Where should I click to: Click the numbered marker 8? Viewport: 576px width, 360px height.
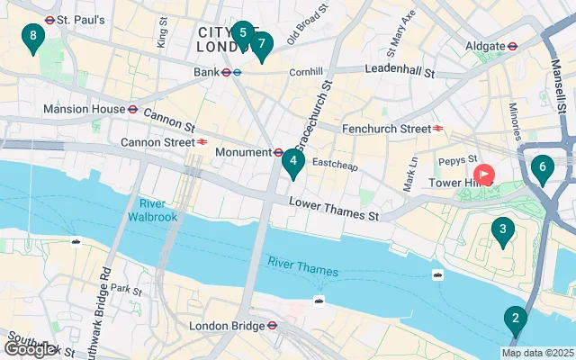(x=33, y=37)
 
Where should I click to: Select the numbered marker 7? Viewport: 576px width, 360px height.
(x=261, y=43)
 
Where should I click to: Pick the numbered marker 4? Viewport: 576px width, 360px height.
(x=292, y=162)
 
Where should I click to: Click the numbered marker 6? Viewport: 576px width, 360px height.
(x=541, y=167)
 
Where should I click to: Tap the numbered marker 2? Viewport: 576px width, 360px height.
(x=515, y=319)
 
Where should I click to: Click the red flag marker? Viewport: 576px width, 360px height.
(x=484, y=174)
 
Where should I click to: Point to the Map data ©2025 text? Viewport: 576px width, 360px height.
(x=537, y=352)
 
